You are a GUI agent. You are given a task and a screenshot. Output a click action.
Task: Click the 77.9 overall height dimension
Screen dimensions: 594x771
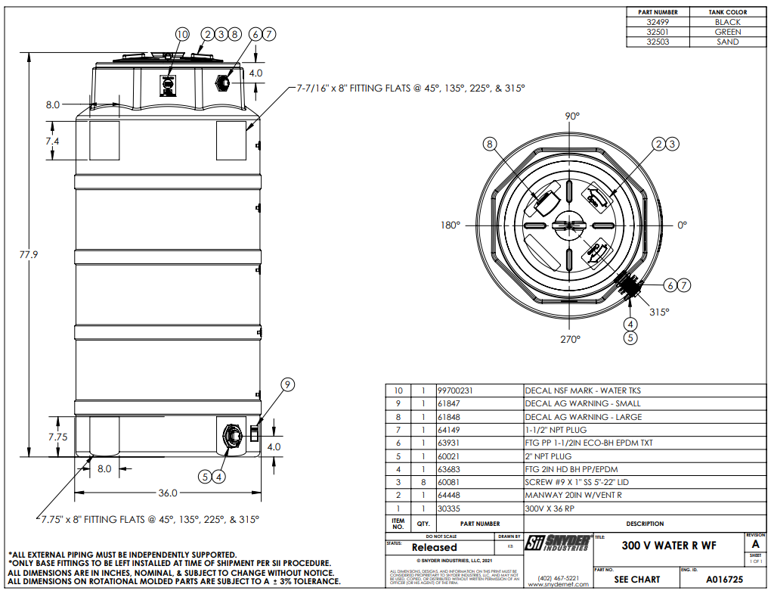pyautogui.click(x=28, y=255)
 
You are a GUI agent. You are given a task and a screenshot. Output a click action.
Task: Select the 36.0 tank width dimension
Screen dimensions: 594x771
pyautogui.click(x=167, y=493)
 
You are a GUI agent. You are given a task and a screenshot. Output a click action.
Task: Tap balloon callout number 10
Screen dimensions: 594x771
pyautogui.click(x=181, y=34)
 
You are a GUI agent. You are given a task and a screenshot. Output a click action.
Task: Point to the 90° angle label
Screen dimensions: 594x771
pyautogui.click(x=572, y=117)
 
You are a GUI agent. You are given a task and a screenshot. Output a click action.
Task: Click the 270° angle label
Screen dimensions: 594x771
pyautogui.click(x=571, y=339)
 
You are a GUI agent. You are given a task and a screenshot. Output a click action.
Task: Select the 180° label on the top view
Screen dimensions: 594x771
pyautogui.click(x=451, y=225)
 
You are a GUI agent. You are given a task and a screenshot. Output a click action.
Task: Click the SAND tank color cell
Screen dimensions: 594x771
pyautogui.click(x=727, y=42)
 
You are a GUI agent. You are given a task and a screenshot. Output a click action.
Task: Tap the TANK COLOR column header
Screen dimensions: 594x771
pyautogui.click(x=727, y=12)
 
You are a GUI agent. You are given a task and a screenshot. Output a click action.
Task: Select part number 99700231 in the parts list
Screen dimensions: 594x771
pyautogui.click(x=459, y=390)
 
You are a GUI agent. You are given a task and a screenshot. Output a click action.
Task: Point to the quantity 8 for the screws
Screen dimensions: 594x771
pyautogui.click(x=423, y=482)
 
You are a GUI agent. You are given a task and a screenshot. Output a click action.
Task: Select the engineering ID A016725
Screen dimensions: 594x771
pyautogui.click(x=724, y=580)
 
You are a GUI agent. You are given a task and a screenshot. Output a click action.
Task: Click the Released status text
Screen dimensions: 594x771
pyautogui.click(x=434, y=547)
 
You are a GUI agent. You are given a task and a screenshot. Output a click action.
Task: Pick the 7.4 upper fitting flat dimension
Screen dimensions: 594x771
pyautogui.click(x=52, y=142)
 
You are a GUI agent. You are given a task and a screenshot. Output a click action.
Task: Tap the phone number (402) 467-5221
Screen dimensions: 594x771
pyautogui.click(x=558, y=578)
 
